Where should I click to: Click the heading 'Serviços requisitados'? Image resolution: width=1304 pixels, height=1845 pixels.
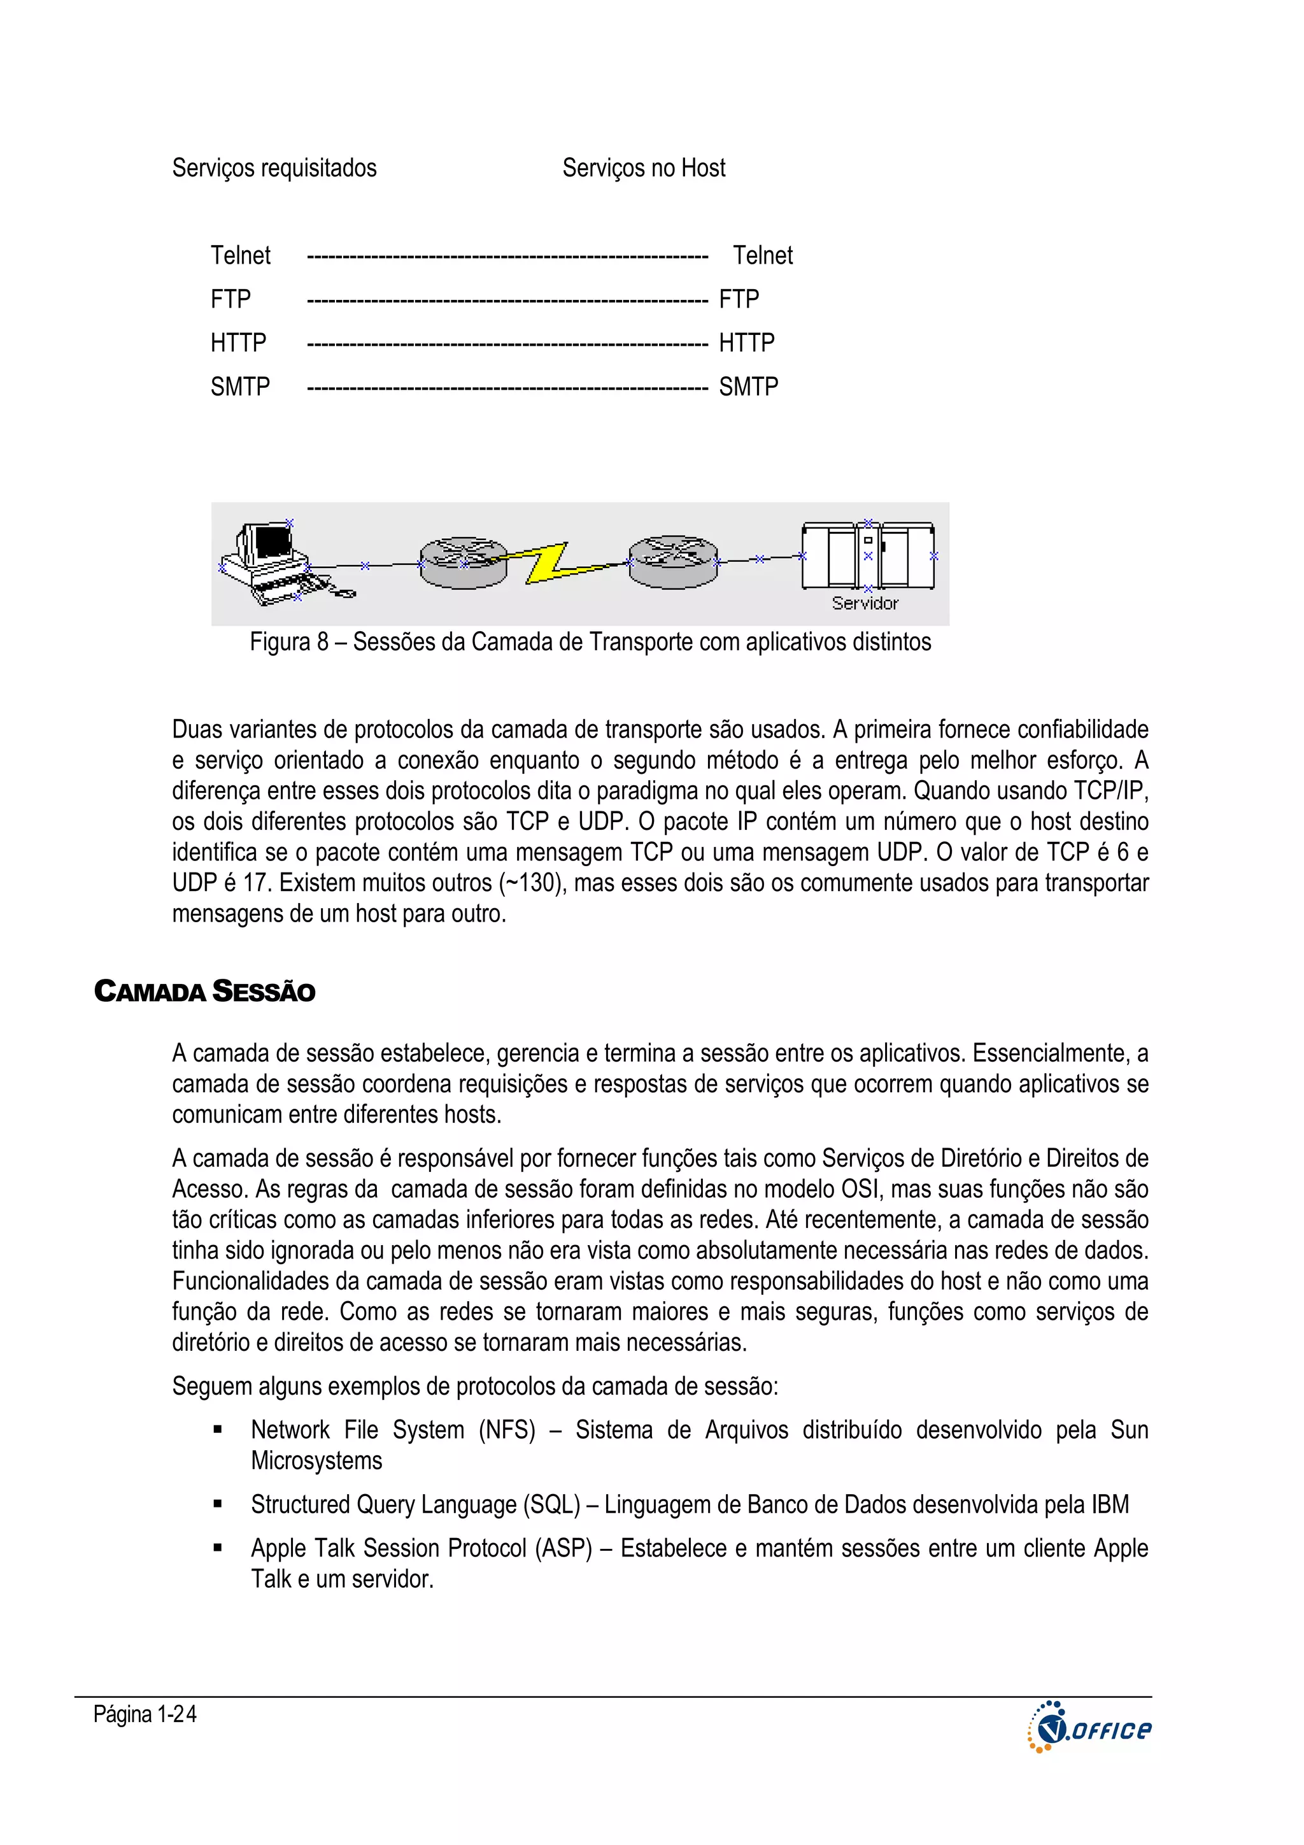pyautogui.click(x=274, y=168)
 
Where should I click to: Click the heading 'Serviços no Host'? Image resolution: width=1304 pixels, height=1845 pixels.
pyautogui.click(x=644, y=168)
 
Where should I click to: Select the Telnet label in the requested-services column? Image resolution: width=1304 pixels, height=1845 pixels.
pyautogui.click(x=240, y=255)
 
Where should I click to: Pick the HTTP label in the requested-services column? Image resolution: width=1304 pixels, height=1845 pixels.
pyautogui.click(x=238, y=343)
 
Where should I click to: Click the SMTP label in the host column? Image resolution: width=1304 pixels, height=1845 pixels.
pyautogui.click(x=748, y=387)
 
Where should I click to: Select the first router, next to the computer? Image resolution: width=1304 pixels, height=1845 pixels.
pyautogui.click(x=463, y=562)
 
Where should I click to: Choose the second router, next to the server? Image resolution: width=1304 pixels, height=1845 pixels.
pyautogui.click(x=672, y=562)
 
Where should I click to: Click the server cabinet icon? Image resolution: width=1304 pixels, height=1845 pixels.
pyautogui.click(x=868, y=556)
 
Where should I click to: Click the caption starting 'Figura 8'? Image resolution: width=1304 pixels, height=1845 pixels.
pyautogui.click(x=590, y=642)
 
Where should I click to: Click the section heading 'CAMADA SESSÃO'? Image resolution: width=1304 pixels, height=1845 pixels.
pyautogui.click(x=204, y=992)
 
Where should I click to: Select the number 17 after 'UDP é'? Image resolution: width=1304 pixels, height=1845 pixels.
pyautogui.click(x=255, y=883)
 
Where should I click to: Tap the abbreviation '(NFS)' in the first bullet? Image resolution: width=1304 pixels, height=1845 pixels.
pyautogui.click(x=507, y=1430)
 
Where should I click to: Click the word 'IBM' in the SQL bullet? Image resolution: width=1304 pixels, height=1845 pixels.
pyautogui.click(x=1110, y=1504)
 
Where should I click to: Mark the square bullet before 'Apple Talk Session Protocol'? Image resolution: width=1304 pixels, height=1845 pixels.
pyautogui.click(x=217, y=1548)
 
